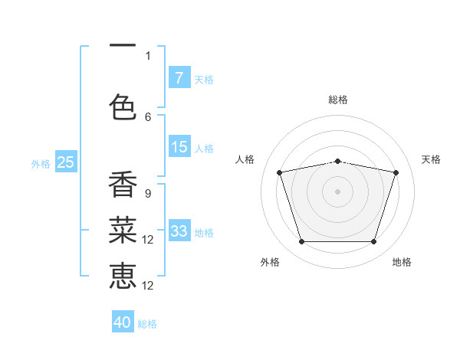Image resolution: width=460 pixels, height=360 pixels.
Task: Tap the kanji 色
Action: click(x=123, y=106)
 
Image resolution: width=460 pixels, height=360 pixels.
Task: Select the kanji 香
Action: click(x=123, y=185)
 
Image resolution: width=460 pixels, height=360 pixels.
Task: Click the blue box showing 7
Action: click(x=179, y=78)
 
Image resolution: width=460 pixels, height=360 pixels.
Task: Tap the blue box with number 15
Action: click(x=179, y=147)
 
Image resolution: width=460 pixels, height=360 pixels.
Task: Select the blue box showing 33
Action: click(x=179, y=231)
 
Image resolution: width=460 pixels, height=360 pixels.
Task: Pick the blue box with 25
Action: click(x=65, y=162)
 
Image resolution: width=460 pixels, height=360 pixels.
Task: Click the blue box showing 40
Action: click(x=123, y=322)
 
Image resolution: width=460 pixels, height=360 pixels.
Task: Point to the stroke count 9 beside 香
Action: click(x=147, y=193)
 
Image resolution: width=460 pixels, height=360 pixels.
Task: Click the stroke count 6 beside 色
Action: click(x=148, y=116)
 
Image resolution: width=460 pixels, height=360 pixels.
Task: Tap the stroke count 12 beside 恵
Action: click(x=149, y=286)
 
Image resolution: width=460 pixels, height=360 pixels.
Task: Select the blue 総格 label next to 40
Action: click(x=147, y=324)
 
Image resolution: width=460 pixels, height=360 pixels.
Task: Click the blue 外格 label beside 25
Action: click(x=41, y=163)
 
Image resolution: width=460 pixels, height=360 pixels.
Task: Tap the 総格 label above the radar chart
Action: click(x=337, y=100)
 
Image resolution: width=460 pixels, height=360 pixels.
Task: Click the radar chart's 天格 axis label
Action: click(x=431, y=159)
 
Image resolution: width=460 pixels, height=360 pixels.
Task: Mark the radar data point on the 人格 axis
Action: click(x=280, y=172)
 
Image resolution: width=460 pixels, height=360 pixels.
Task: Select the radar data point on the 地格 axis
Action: click(x=373, y=242)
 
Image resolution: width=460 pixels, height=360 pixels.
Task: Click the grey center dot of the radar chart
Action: click(x=337, y=191)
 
